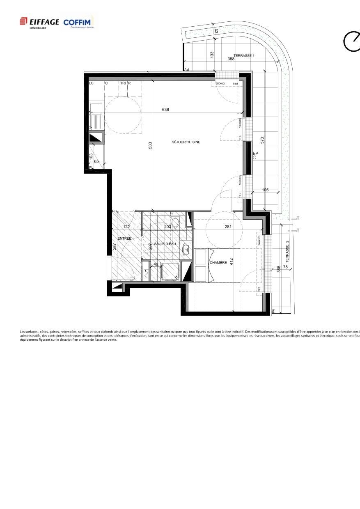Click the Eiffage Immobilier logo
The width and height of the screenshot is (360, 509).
click(39, 22)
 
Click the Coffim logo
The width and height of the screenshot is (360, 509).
click(79, 22)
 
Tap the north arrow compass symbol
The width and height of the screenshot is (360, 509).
click(351, 41)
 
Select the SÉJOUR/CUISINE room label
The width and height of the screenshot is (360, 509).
click(186, 142)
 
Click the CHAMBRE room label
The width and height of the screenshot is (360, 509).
click(218, 263)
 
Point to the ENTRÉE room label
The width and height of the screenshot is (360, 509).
click(124, 238)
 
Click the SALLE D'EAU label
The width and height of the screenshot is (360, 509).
click(165, 244)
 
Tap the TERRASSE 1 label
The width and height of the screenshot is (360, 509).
click(244, 55)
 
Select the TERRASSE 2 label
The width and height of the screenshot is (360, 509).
click(287, 252)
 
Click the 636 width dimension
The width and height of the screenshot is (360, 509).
click(165, 110)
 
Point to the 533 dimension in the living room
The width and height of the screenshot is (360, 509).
click(151, 145)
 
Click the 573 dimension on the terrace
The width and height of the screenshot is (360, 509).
click(262, 140)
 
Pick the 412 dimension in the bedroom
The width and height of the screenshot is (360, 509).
click(232, 261)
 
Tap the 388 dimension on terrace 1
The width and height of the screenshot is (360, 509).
click(231, 59)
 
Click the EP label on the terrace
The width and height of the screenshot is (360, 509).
click(255, 154)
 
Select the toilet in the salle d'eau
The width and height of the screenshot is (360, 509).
click(175, 222)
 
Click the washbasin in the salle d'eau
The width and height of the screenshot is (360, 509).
click(187, 249)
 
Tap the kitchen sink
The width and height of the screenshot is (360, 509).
click(96, 109)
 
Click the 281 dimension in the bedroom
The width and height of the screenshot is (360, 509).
click(228, 227)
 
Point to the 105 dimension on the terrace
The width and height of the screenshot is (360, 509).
click(265, 190)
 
